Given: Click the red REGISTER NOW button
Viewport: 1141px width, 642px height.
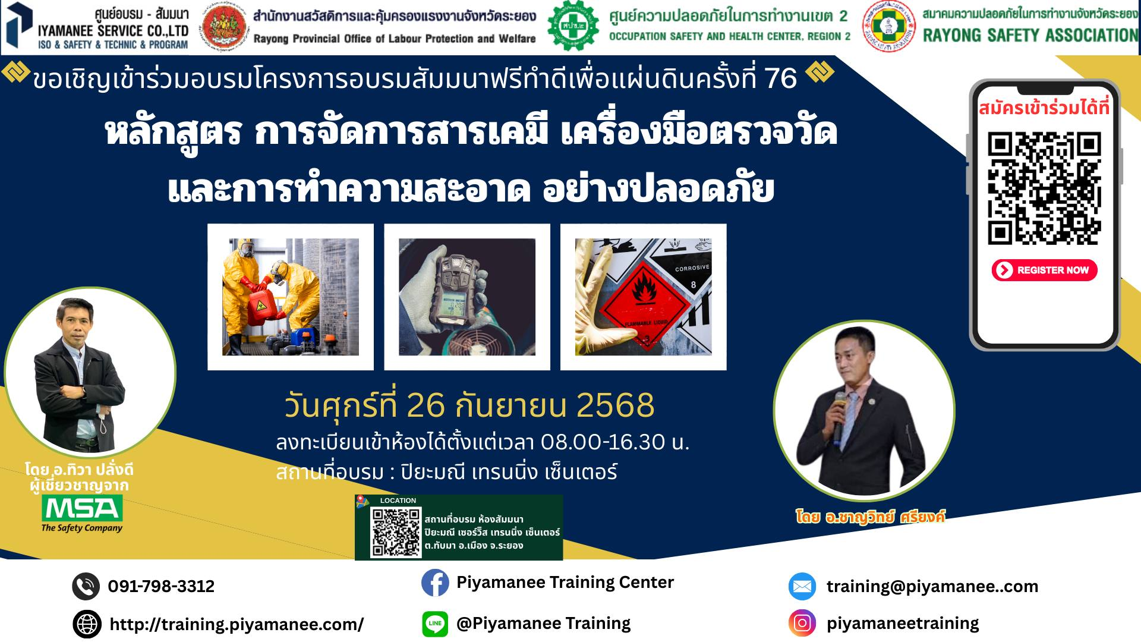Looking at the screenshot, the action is click(1044, 270).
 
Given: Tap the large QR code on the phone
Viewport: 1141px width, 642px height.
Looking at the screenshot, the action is click(1044, 188).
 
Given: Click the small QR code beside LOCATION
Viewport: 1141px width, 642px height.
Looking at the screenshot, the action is click(395, 533).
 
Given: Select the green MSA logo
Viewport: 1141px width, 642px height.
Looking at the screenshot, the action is click(82, 508).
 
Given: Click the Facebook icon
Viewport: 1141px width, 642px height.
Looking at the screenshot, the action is click(435, 583).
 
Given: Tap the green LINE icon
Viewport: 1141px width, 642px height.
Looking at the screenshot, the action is click(435, 624).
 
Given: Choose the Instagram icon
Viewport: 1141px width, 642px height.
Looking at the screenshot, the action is click(802, 623).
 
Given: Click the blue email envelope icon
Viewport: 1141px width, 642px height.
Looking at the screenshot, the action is click(802, 587).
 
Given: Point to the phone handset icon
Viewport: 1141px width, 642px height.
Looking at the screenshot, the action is click(86, 586).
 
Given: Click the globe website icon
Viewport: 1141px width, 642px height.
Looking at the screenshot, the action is click(87, 624).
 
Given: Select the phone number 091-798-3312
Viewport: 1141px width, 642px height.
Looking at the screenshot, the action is click(161, 587).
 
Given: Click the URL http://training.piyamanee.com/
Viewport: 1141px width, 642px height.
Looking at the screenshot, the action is click(237, 625).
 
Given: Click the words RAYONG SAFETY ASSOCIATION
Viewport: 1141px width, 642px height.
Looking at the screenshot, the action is click(1030, 35).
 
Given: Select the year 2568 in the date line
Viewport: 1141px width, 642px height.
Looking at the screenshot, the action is click(616, 405).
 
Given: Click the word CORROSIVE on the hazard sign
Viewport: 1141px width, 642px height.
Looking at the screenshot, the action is click(692, 268).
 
